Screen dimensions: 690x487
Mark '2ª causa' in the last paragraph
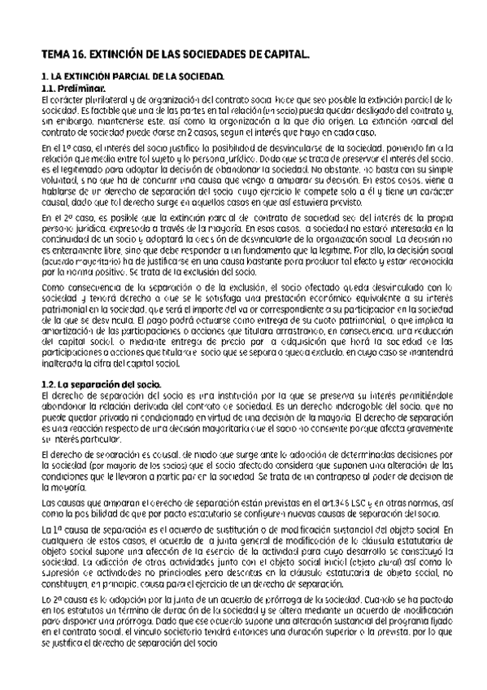(67, 599)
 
